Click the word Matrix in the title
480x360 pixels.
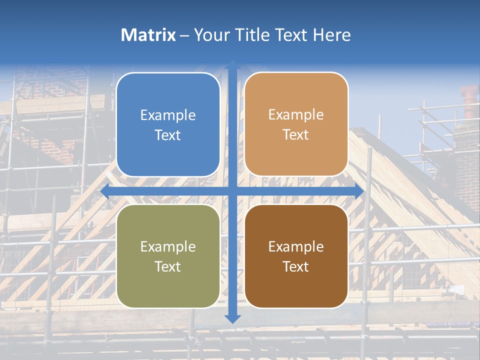pos(148,35)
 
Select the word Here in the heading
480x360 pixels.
pos(332,35)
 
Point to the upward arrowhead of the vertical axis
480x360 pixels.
pos(232,65)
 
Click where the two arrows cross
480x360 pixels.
pos(232,191)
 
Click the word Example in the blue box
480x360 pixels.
pos(168,115)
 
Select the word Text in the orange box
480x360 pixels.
pos(296,135)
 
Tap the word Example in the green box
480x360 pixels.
pos(168,247)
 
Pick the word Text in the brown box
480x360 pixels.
pos(296,267)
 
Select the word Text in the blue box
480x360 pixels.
pos(168,135)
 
